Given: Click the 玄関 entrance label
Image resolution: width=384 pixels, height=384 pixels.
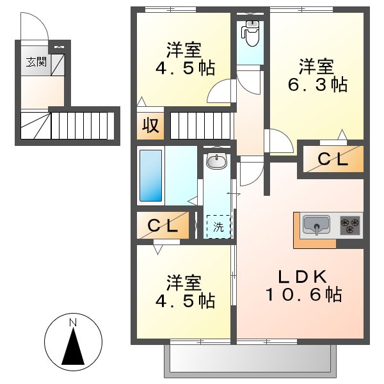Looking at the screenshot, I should [x=36, y=62].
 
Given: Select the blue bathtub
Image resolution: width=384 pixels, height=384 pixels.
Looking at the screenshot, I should [x=152, y=175].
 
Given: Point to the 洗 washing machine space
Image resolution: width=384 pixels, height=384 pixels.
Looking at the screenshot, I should [x=218, y=226].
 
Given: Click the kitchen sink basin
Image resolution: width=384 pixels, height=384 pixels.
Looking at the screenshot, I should [x=316, y=225].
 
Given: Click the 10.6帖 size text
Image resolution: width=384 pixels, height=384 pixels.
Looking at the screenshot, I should [x=303, y=295].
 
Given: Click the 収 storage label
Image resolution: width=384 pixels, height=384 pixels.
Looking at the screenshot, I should [x=150, y=125].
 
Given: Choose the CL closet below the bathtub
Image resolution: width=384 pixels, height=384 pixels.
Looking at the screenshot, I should [x=163, y=226].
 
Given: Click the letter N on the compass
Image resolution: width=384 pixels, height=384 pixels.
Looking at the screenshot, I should [x=73, y=321].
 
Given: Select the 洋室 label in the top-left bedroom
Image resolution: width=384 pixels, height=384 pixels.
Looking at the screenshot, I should [x=184, y=49].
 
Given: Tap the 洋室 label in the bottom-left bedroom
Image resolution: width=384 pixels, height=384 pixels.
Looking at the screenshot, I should [x=184, y=282].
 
